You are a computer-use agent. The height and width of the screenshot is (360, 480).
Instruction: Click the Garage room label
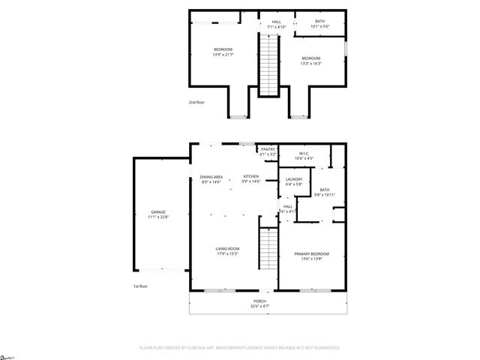click(x=157, y=212)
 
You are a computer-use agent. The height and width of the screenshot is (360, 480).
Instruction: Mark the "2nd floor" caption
click(x=196, y=102)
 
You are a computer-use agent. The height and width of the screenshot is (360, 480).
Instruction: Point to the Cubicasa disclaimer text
click(x=240, y=347)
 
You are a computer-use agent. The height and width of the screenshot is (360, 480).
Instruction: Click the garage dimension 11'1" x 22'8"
click(x=157, y=217)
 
